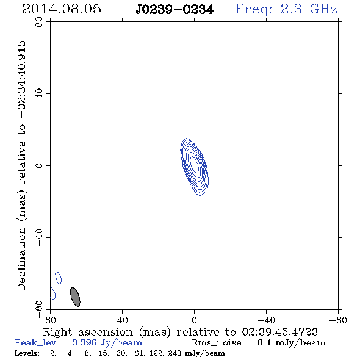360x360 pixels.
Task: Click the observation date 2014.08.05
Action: (x=62, y=9)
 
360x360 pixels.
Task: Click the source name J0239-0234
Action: (x=175, y=10)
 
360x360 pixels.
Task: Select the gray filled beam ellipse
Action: (x=75, y=297)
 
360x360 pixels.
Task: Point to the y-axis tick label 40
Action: (x=39, y=94)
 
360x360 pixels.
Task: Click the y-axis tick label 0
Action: (x=39, y=165)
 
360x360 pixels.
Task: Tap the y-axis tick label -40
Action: (x=39, y=237)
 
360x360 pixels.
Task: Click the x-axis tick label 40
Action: (x=122, y=320)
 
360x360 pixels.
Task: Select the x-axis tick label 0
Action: (x=194, y=320)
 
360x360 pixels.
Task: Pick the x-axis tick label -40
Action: (x=266, y=320)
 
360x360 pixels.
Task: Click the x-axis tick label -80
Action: (x=338, y=320)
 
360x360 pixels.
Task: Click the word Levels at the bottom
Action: (x=27, y=353)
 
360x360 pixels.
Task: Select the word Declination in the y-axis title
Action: (x=21, y=259)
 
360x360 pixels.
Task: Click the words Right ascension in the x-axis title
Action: (x=88, y=332)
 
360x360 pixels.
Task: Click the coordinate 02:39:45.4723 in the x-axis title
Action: (x=280, y=332)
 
